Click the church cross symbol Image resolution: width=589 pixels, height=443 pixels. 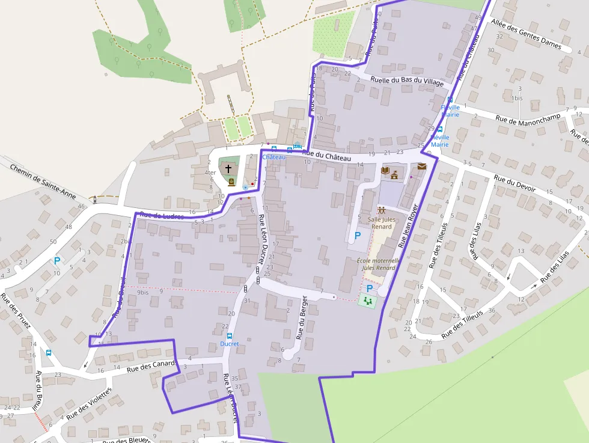click(228, 169)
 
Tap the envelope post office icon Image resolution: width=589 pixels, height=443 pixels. click(421, 166)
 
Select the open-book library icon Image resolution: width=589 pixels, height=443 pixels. click(385, 170)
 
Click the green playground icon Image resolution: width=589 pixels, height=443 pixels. click(368, 299)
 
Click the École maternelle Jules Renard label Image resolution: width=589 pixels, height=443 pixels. click(379, 263)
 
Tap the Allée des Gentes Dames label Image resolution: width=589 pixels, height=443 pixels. click(526, 34)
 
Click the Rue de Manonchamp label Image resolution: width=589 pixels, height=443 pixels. click(528, 117)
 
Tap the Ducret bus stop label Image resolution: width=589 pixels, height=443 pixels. click(229, 344)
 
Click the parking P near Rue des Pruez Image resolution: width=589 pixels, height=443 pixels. click(57, 261)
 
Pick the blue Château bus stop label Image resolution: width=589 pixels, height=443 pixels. click(273, 157)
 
